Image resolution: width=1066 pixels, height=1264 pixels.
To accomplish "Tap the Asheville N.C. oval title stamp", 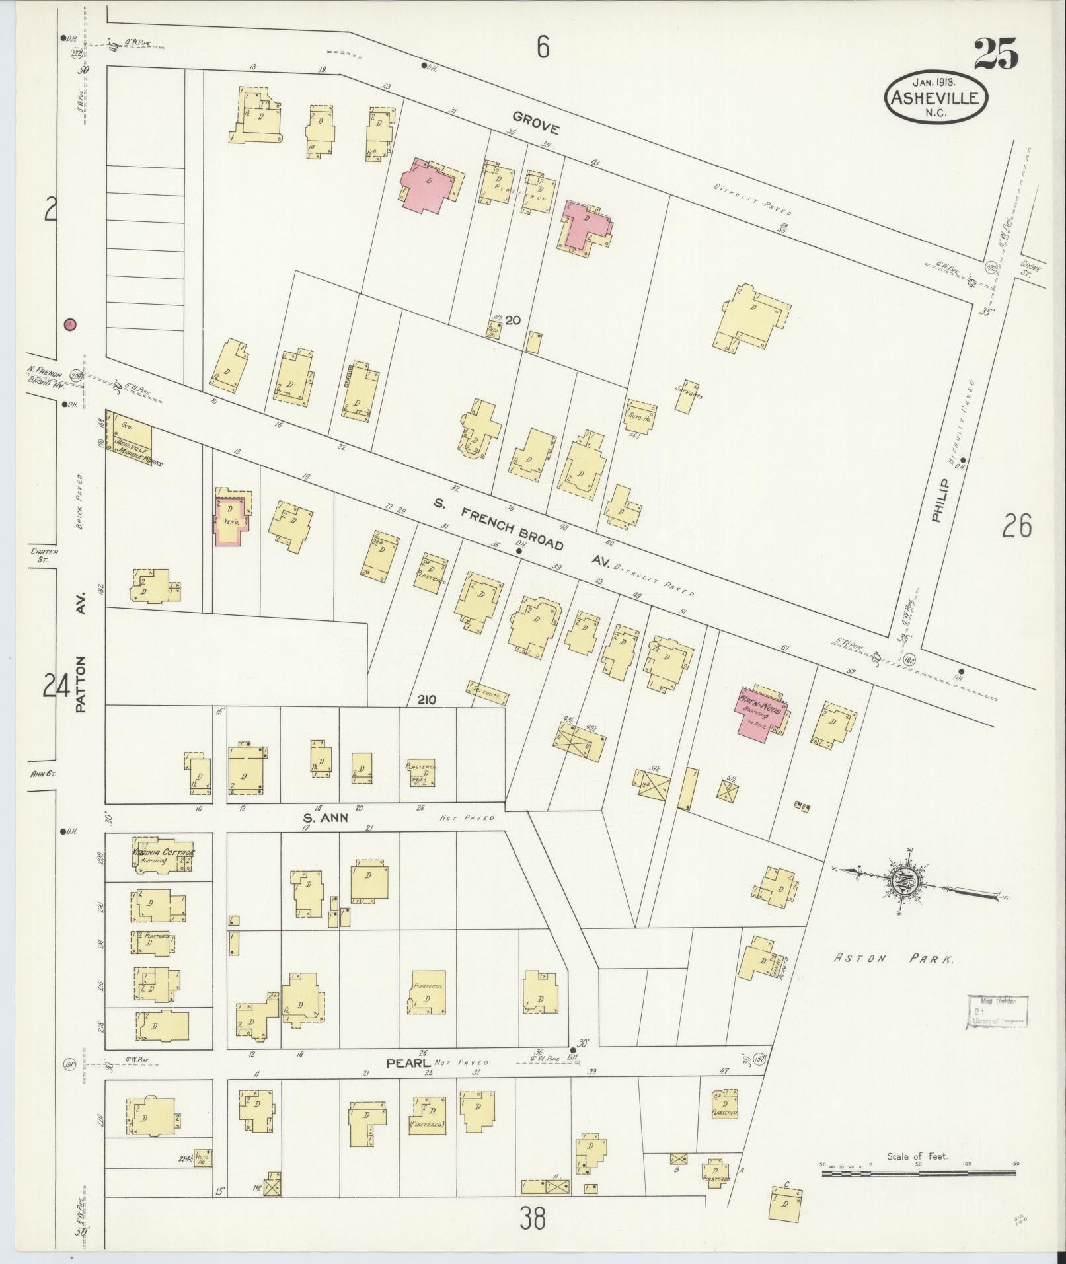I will (936, 98).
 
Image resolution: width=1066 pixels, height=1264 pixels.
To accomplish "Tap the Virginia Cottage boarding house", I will (163, 856).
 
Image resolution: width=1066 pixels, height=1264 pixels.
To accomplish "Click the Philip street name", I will (939, 502).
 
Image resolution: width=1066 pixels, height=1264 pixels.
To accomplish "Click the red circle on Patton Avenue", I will (69, 324).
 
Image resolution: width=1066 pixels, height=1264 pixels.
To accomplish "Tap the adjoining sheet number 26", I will (1016, 527).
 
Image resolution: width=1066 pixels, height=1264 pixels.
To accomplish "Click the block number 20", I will (513, 321).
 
